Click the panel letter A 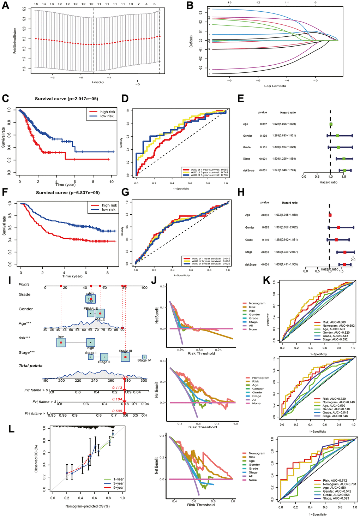(6, 6)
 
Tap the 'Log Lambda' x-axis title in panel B (275, 86)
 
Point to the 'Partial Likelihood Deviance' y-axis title (15, 41)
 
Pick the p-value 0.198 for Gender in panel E (263, 136)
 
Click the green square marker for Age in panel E (331, 124)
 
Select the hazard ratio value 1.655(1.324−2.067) (290, 252)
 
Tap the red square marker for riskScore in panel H (344, 264)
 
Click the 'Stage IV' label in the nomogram (144, 360)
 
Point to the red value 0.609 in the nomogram (117, 411)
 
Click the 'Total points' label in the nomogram (30, 366)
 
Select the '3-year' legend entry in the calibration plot (118, 483)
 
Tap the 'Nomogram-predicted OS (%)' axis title (87, 506)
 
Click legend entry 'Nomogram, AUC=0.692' (334, 325)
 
